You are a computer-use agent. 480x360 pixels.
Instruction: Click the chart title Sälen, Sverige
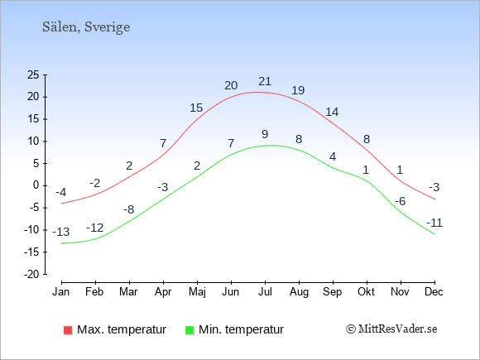(x=86, y=27)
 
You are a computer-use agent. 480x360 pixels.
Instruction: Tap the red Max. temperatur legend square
(x=68, y=330)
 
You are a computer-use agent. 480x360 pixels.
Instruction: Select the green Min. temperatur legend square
(x=190, y=330)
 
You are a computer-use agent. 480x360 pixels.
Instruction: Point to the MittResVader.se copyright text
(x=391, y=329)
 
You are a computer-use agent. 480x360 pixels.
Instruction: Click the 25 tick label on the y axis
(x=33, y=74)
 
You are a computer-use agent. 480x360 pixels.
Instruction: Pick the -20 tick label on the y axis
(x=31, y=274)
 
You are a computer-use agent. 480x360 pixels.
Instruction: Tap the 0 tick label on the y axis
(x=36, y=185)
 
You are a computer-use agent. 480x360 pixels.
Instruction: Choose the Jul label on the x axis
(x=265, y=292)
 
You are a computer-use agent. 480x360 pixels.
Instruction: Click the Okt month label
(x=366, y=292)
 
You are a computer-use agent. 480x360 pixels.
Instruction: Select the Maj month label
(x=197, y=292)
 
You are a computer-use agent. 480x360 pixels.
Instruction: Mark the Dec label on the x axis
(x=434, y=292)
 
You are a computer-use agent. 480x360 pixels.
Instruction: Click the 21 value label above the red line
(x=265, y=81)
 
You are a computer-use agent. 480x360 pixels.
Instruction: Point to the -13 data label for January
(x=61, y=232)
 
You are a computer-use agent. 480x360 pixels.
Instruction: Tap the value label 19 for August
(x=298, y=90)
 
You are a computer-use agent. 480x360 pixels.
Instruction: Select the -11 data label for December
(x=434, y=223)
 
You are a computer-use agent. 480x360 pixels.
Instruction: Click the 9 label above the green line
(x=265, y=134)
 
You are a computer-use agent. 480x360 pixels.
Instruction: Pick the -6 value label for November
(x=400, y=201)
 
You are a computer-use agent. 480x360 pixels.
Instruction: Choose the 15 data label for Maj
(x=196, y=108)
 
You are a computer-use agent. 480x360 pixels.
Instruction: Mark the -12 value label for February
(x=95, y=228)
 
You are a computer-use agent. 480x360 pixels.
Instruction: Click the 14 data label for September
(x=332, y=112)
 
